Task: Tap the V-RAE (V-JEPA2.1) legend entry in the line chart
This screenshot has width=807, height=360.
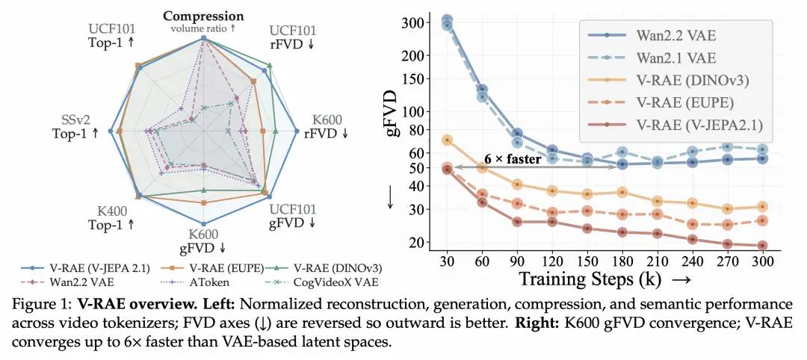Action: pyautogui.click(x=674, y=124)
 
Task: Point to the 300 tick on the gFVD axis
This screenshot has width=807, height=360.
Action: pyautogui.click(x=413, y=22)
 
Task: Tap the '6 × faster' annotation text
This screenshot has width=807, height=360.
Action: pyautogui.click(x=513, y=159)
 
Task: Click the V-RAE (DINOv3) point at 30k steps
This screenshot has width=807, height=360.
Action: pyautogui.click(x=447, y=140)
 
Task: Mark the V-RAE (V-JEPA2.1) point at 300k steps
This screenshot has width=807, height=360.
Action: pyautogui.click(x=762, y=245)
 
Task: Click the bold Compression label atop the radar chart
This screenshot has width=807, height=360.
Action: pyautogui.click(x=203, y=16)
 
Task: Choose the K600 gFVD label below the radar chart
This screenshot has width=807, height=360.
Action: pyautogui.click(x=202, y=241)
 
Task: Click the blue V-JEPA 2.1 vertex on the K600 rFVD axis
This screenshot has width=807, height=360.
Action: pyautogui.click(x=297, y=131)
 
